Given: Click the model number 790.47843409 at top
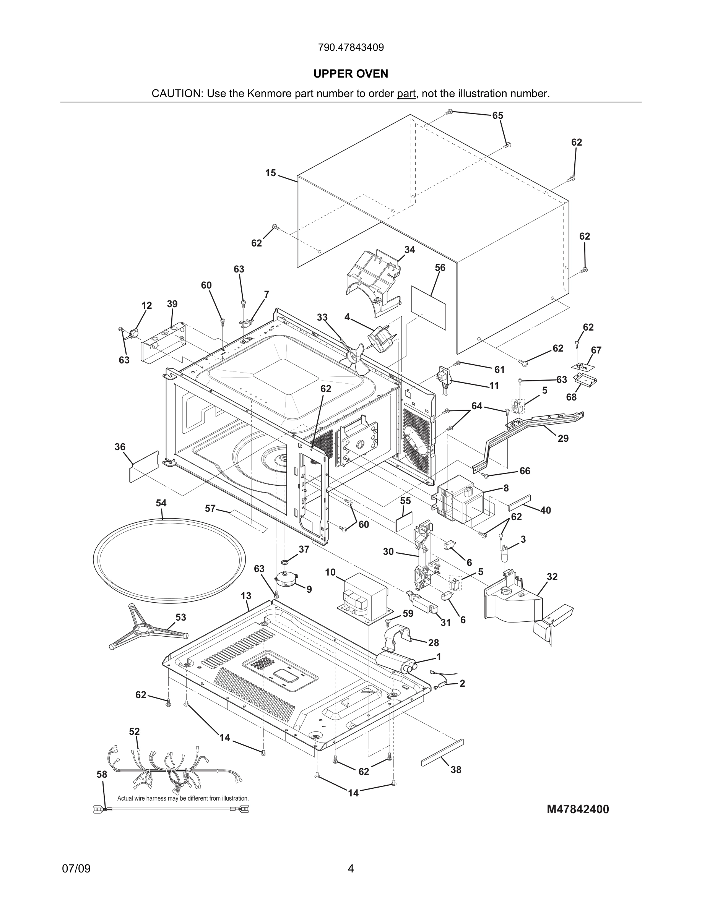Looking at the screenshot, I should point(351,47).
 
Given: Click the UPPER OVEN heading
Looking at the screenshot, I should point(351,74).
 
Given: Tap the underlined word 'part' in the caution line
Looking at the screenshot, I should point(406,94).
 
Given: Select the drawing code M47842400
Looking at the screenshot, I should point(578,809).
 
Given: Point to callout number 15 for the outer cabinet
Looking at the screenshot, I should point(271,173).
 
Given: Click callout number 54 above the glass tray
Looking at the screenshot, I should point(161,503).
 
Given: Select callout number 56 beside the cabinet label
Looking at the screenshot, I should point(440,268).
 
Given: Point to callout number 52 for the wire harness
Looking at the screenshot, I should point(134,731).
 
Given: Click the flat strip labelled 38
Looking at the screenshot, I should point(442,752).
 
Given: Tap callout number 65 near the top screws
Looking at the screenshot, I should point(497,115).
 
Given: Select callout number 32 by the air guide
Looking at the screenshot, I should point(552,577).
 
